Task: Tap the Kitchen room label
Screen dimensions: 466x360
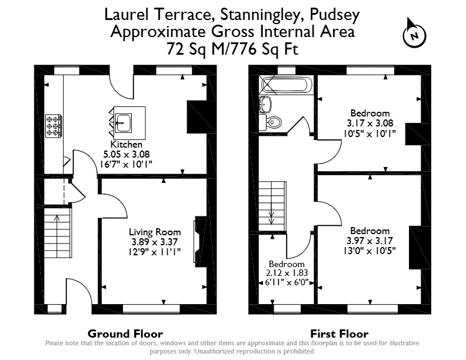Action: (127, 144)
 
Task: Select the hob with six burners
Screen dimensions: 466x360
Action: (54, 126)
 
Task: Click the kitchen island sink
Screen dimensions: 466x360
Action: (123, 123)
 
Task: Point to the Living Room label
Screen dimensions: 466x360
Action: (155, 232)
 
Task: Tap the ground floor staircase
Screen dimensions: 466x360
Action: (58, 233)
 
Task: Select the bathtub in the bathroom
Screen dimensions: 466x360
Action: (285, 85)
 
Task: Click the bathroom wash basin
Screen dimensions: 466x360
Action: (265, 104)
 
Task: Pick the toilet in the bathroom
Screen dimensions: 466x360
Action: (270, 122)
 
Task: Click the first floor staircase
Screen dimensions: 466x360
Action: (272, 206)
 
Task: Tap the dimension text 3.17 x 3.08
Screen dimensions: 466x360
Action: (370, 124)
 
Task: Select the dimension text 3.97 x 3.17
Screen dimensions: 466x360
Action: (370, 241)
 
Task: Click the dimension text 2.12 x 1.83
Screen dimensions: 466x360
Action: (287, 273)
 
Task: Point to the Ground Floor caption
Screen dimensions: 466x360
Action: (125, 334)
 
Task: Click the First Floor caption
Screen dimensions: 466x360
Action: (339, 334)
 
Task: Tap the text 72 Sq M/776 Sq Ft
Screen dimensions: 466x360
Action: (232, 49)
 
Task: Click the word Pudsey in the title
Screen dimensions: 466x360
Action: (335, 15)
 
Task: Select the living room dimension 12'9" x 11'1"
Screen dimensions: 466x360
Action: (155, 252)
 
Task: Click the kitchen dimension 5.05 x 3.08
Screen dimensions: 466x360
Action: (127, 154)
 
